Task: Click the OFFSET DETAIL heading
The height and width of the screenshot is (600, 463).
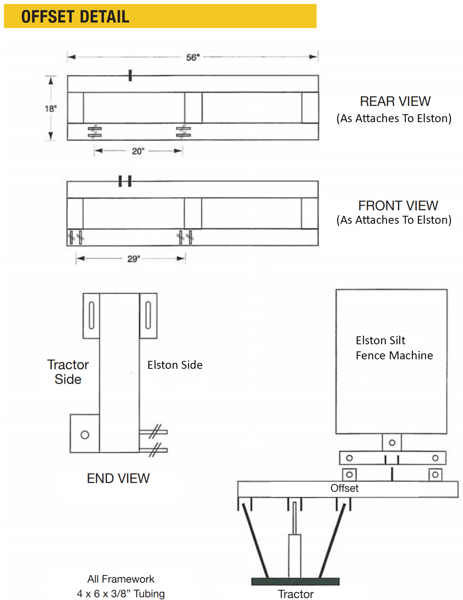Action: point(75,17)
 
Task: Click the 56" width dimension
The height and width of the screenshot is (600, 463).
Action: point(193,57)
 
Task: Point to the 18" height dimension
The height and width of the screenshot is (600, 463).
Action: point(51,109)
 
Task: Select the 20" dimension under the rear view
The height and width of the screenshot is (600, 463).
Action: point(138,151)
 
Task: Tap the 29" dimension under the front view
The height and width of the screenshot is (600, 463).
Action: point(133,259)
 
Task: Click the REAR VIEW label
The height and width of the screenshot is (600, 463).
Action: point(395,101)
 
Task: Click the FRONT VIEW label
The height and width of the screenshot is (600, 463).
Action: point(398,206)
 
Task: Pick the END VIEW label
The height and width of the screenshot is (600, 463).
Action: point(118,478)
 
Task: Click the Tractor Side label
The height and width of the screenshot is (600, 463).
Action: point(68,372)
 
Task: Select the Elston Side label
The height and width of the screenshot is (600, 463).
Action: point(175,365)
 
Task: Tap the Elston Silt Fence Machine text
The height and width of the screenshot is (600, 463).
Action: point(394,348)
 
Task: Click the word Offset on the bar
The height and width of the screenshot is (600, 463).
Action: point(345,488)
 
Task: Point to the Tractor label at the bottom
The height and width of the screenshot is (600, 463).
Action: point(296,594)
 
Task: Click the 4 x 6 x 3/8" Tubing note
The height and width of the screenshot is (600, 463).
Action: point(121,593)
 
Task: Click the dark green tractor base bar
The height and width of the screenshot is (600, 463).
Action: point(295,581)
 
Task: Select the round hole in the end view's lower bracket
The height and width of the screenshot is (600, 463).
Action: point(85,435)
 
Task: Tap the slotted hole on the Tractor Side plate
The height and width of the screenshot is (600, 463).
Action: point(92,315)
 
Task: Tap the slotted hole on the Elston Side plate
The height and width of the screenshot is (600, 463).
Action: point(148,315)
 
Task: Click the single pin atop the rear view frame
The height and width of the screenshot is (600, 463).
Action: point(130,75)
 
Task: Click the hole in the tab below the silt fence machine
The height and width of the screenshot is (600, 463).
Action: point(392,443)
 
